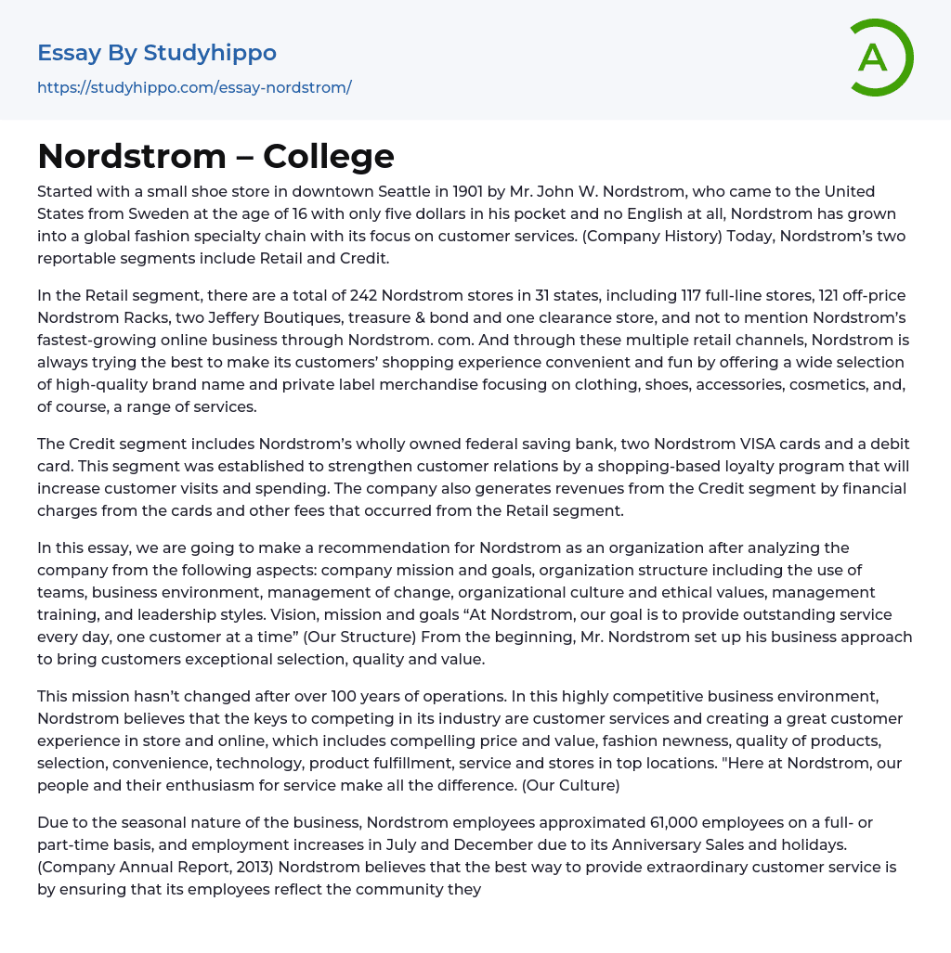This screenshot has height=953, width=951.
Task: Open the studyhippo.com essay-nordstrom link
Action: pos(194,88)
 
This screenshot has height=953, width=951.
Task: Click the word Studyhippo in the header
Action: pos(210,53)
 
